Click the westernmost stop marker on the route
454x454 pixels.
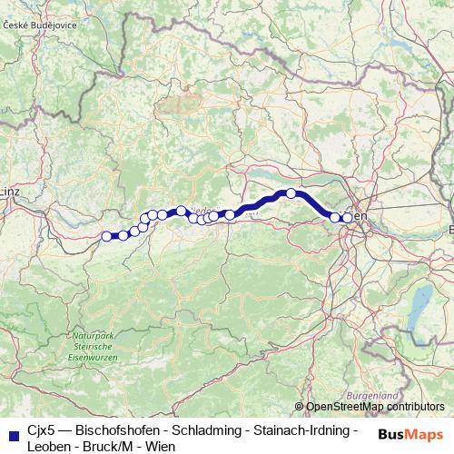point(106,236)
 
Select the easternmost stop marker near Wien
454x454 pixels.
point(347,218)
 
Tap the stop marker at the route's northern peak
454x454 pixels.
point(291,192)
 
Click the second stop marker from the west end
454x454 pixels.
point(123,236)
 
